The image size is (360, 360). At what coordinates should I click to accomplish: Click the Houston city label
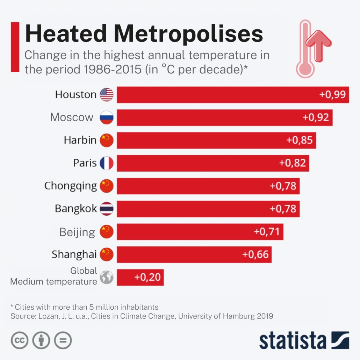pyautogui.click(x=75, y=94)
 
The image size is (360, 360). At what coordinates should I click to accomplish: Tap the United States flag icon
pyautogui.click(x=107, y=94)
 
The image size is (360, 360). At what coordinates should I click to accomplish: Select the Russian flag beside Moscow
pyautogui.click(x=107, y=117)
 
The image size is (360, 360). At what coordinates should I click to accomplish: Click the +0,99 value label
pyautogui.click(x=332, y=94)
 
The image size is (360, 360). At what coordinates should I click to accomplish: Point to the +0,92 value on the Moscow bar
pyautogui.click(x=316, y=117)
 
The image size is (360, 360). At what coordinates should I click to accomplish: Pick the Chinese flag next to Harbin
pyautogui.click(x=107, y=140)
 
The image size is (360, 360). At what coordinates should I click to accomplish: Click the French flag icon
pyautogui.click(x=107, y=163)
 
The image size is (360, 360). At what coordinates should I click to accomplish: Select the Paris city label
pyautogui.click(x=85, y=163)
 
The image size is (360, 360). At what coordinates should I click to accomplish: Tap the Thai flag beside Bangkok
pyautogui.click(x=107, y=209)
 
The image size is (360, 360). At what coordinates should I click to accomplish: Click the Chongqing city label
pyautogui.click(x=70, y=186)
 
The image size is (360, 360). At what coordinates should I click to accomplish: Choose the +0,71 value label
pyautogui.click(x=267, y=232)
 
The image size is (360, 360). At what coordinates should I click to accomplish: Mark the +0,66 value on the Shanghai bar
pyautogui.click(x=255, y=254)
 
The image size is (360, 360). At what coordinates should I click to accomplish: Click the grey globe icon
pyautogui.click(x=107, y=278)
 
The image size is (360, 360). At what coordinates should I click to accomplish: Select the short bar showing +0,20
pyautogui.click(x=140, y=278)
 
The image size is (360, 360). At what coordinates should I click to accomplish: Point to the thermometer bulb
pyautogui.click(x=305, y=68)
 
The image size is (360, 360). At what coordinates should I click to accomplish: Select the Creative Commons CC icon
pyautogui.click(x=20, y=340)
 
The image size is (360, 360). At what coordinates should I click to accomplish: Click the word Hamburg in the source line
pyautogui.click(x=241, y=316)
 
